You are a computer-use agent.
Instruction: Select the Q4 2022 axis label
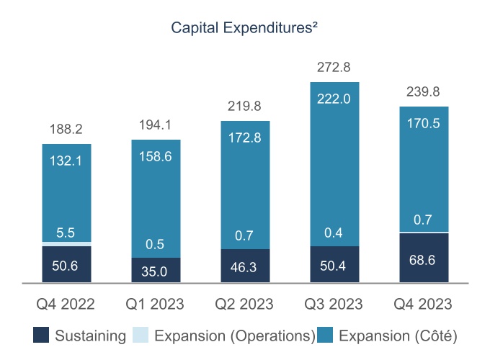point(66,305)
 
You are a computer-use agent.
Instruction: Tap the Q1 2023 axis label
point(156,305)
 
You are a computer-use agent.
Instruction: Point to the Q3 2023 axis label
point(334,305)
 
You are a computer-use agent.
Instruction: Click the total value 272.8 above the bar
point(334,68)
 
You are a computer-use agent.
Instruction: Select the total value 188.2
point(66,130)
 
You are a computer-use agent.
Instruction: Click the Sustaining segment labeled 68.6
point(423,258)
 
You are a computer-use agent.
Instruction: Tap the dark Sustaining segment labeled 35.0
point(156,271)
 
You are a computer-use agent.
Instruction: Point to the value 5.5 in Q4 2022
point(66,233)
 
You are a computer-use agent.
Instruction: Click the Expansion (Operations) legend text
point(234,336)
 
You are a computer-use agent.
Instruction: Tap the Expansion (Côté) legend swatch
point(328,336)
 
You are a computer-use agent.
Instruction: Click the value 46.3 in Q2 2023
point(245,267)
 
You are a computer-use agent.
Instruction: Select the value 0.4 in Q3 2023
point(334,232)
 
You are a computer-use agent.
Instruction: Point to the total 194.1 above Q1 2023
point(156,125)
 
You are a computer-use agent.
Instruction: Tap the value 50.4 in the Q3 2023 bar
point(334,266)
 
